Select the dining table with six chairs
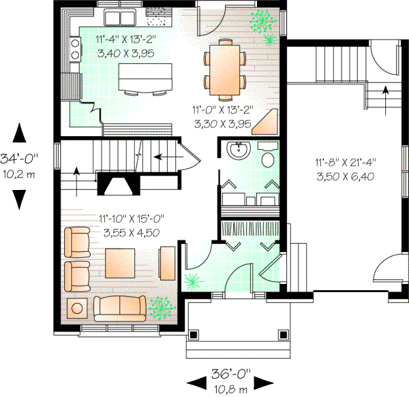point(224,66)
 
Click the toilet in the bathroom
point(267,157)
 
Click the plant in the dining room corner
point(261,21)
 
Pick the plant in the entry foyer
point(193,279)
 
